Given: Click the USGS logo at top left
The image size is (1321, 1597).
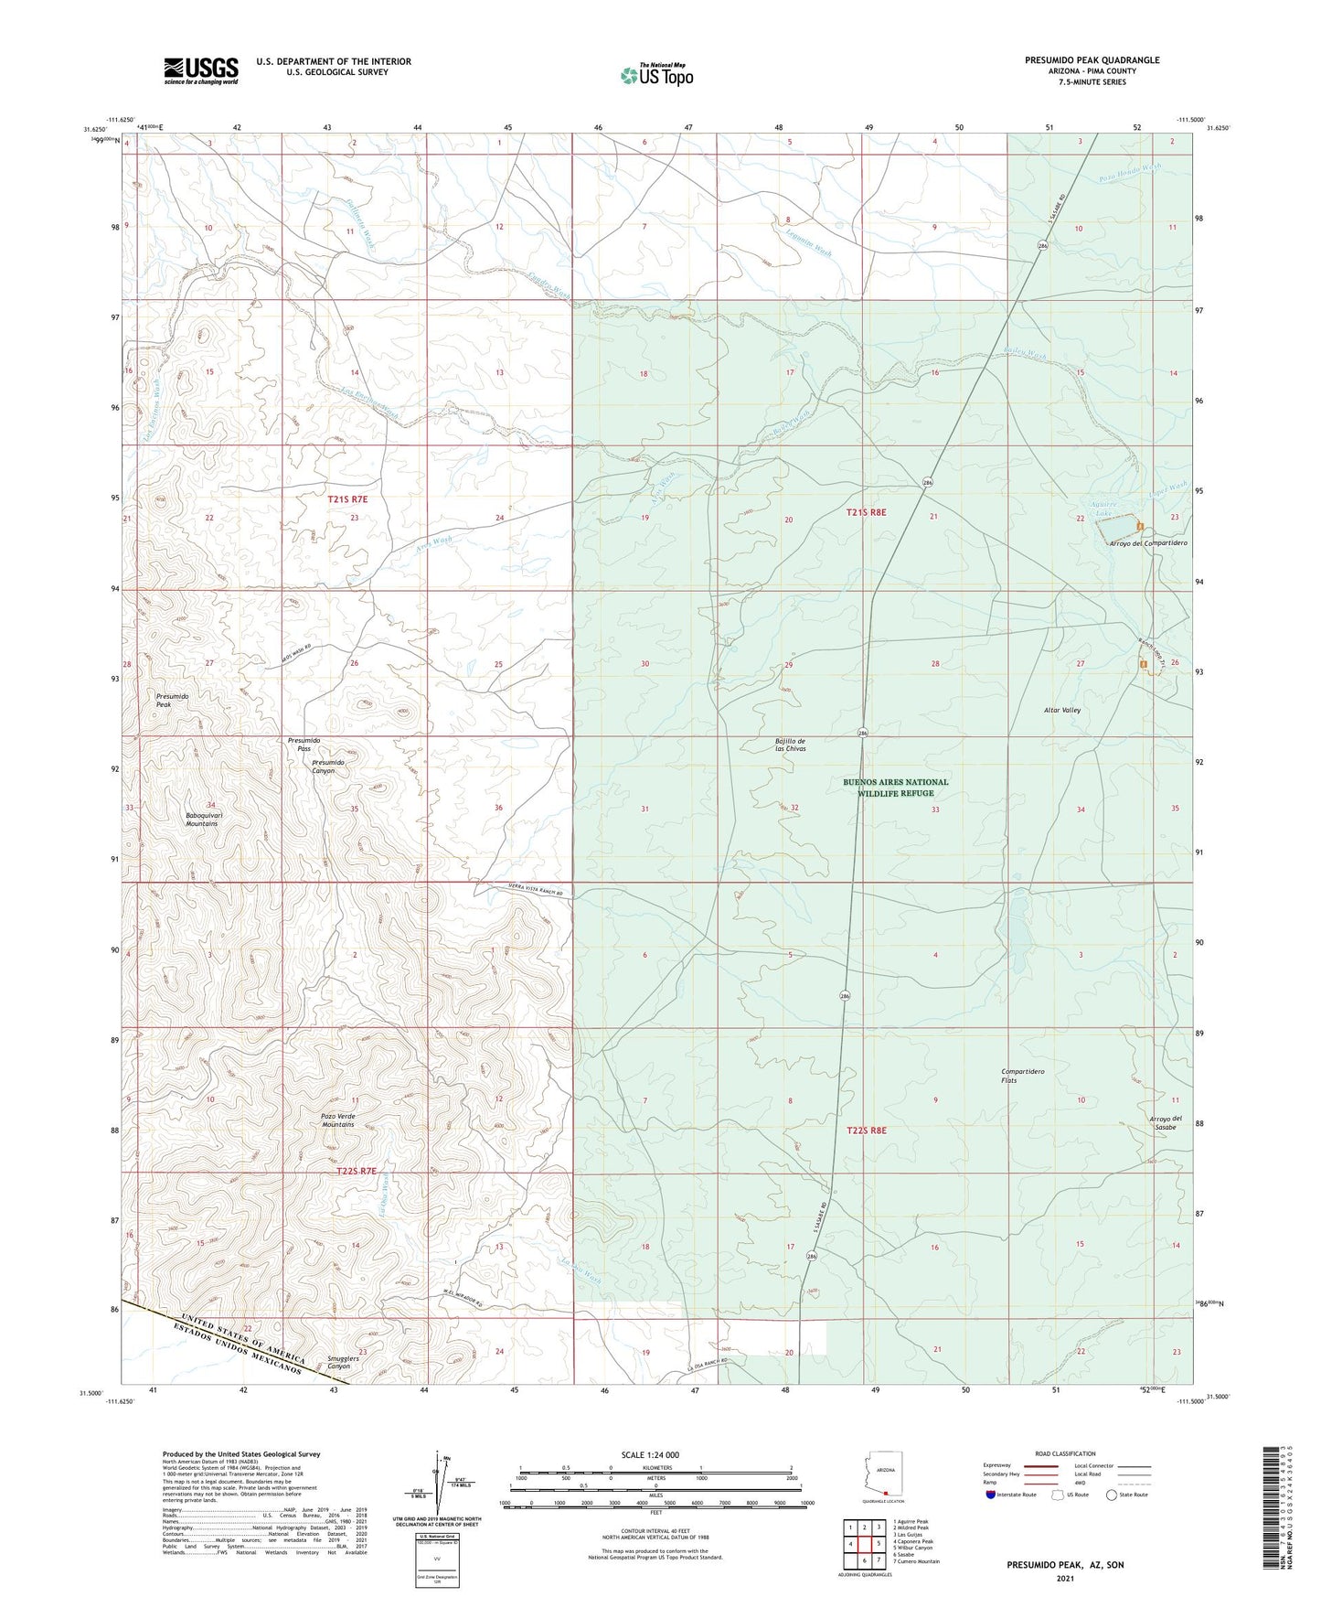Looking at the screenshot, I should tap(200, 70).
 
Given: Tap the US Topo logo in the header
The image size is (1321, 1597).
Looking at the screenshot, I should tap(655, 74).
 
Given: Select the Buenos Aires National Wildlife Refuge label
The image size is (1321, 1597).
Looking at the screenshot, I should tap(895, 788).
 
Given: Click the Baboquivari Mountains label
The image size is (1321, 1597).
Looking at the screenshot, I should tap(202, 819).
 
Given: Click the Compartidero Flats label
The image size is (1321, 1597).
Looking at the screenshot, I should tap(1022, 1076).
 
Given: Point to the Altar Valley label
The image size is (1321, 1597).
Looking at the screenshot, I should tap(1062, 710).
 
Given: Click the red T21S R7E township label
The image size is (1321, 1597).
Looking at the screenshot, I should tap(347, 499).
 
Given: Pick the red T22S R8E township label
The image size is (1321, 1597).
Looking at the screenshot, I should tap(866, 1131).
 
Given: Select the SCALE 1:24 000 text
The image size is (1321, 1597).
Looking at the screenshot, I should tap(655, 1455).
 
